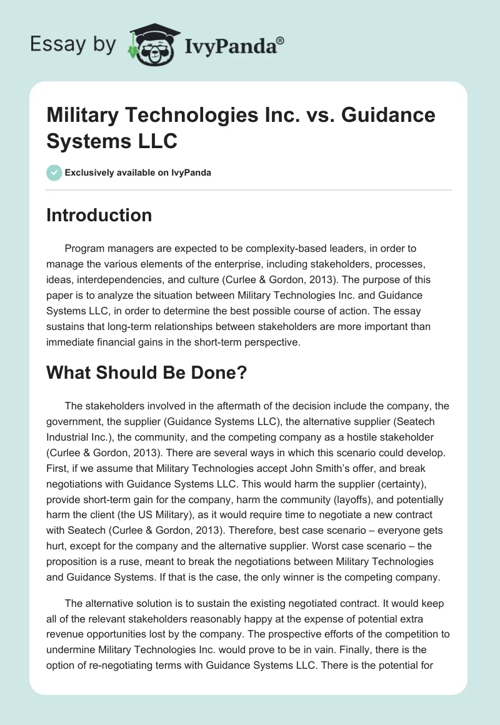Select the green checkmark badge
coord(54,172)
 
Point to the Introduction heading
coord(99,215)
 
